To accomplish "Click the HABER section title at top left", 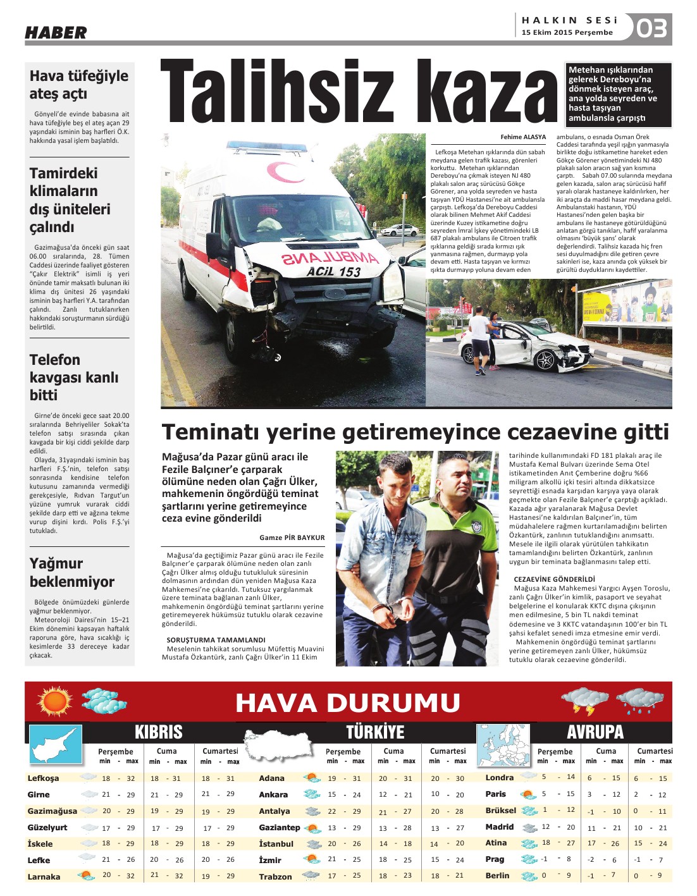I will point(56,32).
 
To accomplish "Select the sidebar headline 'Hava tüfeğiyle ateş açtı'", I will point(78,85).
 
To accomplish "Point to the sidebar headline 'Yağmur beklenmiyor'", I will point(72,572).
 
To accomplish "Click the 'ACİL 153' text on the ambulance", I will point(333,272).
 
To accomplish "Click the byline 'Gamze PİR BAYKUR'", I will point(292,537).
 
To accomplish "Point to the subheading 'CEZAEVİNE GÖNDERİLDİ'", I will point(554,579).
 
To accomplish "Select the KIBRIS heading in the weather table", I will point(158,732).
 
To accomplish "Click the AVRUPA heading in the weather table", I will point(595,732).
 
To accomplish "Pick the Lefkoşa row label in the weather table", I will point(44,778).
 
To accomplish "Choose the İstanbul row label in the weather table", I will point(276,844).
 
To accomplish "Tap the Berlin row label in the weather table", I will point(497,876).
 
